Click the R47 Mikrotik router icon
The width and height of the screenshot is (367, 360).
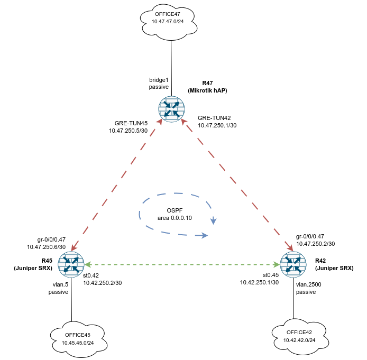coord(171,109)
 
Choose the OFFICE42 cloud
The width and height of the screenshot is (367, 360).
coord(300,335)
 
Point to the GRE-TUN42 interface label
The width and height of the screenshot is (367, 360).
coord(214,118)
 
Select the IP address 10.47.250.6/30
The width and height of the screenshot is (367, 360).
coord(46,246)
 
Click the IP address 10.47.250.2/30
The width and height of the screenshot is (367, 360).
coord(315,244)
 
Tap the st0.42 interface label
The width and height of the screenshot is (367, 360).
coord(92,275)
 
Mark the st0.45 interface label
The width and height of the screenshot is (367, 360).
coord(271,275)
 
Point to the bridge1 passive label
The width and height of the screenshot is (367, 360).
coord(158,83)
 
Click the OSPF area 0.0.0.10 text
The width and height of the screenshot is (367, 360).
coord(175,214)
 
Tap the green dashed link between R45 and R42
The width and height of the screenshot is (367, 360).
coord(182,263)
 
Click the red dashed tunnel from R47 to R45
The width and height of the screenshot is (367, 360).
coord(116,185)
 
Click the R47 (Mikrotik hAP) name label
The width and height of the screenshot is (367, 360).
coord(207,87)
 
